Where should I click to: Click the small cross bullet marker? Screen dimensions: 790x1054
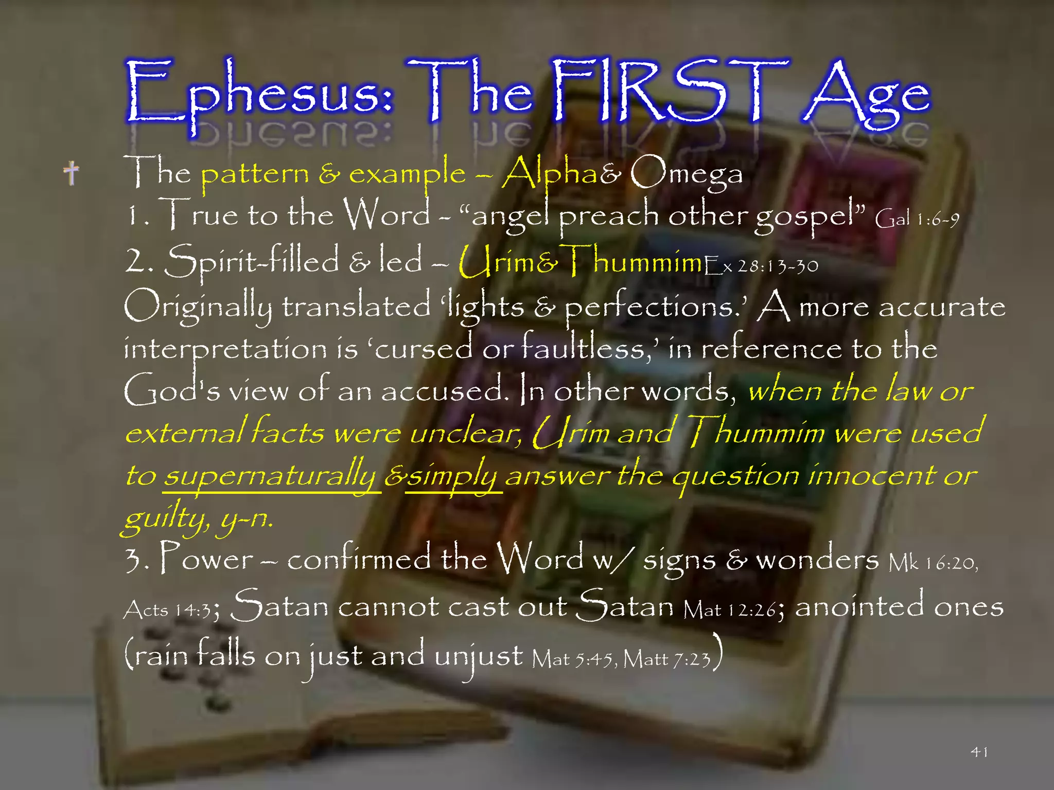[x=72, y=173]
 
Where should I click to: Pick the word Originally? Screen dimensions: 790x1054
[x=198, y=307]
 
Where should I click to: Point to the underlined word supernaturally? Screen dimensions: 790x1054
[x=271, y=476]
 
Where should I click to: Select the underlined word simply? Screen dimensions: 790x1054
[x=453, y=476]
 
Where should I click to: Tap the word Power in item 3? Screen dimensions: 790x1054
[x=206, y=559]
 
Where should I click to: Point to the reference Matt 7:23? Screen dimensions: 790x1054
[x=667, y=659]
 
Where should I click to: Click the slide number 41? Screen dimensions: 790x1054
[x=979, y=752]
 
